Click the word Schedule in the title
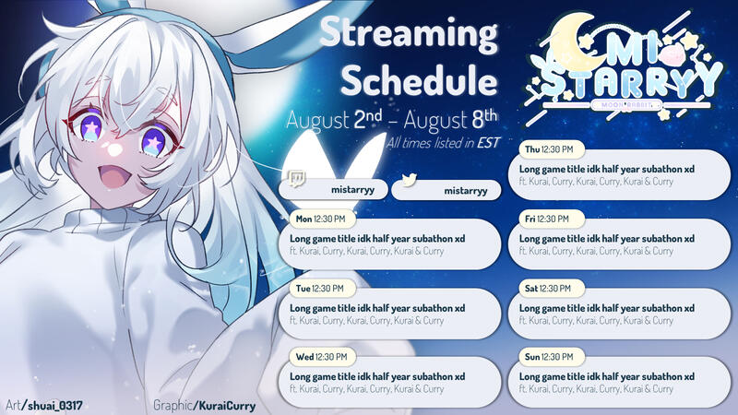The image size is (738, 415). [x=412, y=80]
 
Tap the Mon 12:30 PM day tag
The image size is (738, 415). [x=318, y=219]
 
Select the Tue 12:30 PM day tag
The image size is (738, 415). [x=317, y=288]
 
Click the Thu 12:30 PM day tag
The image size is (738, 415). [x=548, y=149]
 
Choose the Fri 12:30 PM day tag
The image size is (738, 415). [x=546, y=219]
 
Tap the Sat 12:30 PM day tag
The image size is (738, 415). [x=547, y=288]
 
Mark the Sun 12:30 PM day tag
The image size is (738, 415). [x=548, y=356]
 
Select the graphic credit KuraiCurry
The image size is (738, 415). [x=223, y=405]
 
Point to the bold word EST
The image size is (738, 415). [x=488, y=143]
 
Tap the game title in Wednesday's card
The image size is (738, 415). [x=376, y=376]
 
